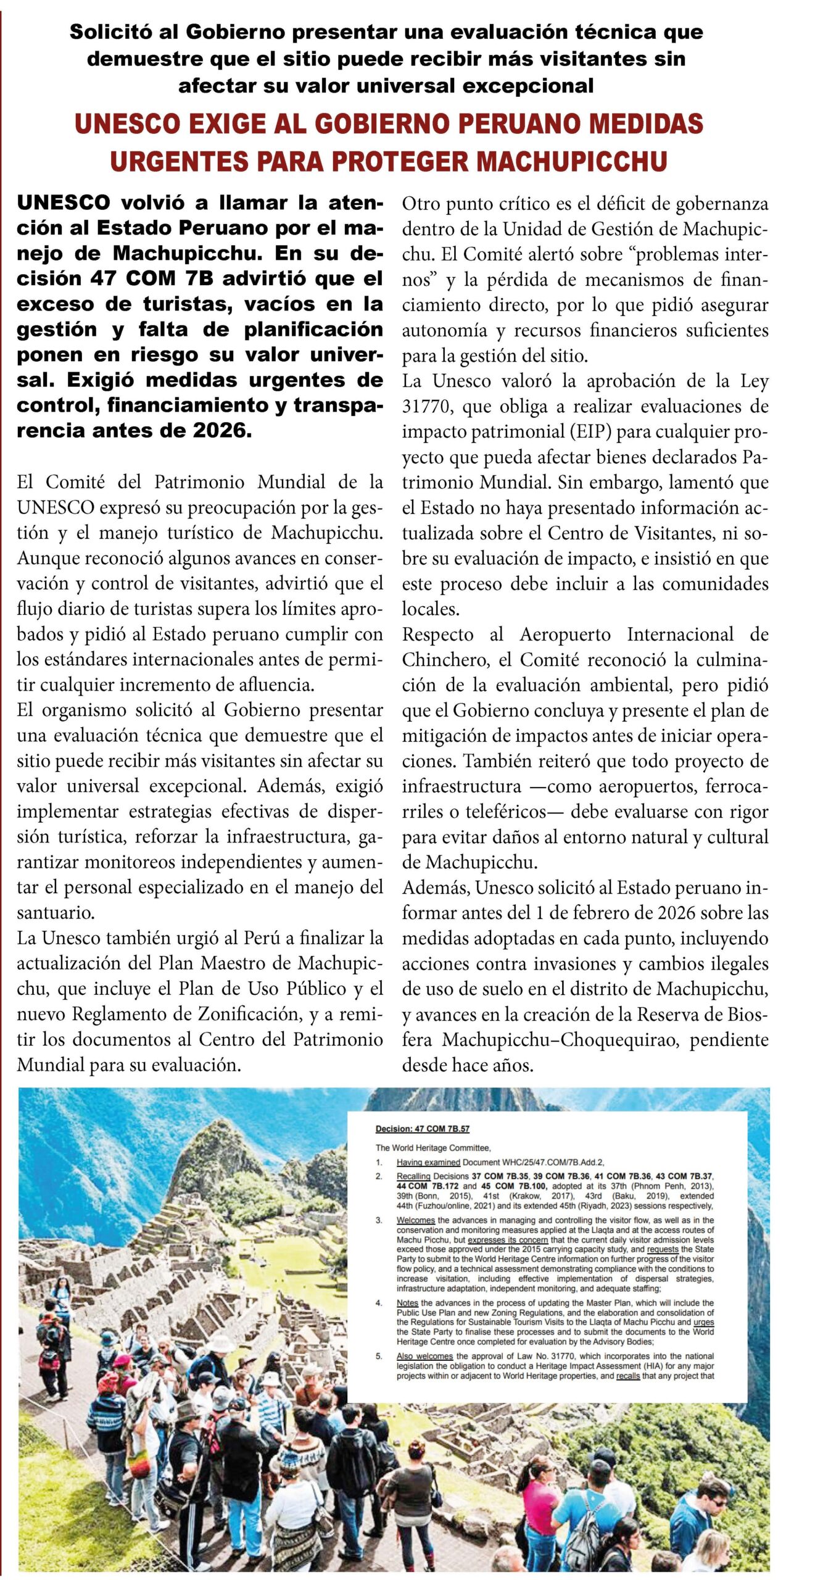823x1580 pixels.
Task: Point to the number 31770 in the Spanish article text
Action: (x=428, y=407)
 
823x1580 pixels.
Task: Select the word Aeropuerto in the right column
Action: (x=565, y=634)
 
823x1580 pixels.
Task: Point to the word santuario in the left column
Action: (x=56, y=913)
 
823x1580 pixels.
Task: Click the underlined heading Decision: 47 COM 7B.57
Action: (x=422, y=1129)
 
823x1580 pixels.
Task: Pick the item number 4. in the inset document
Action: (x=379, y=1303)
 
